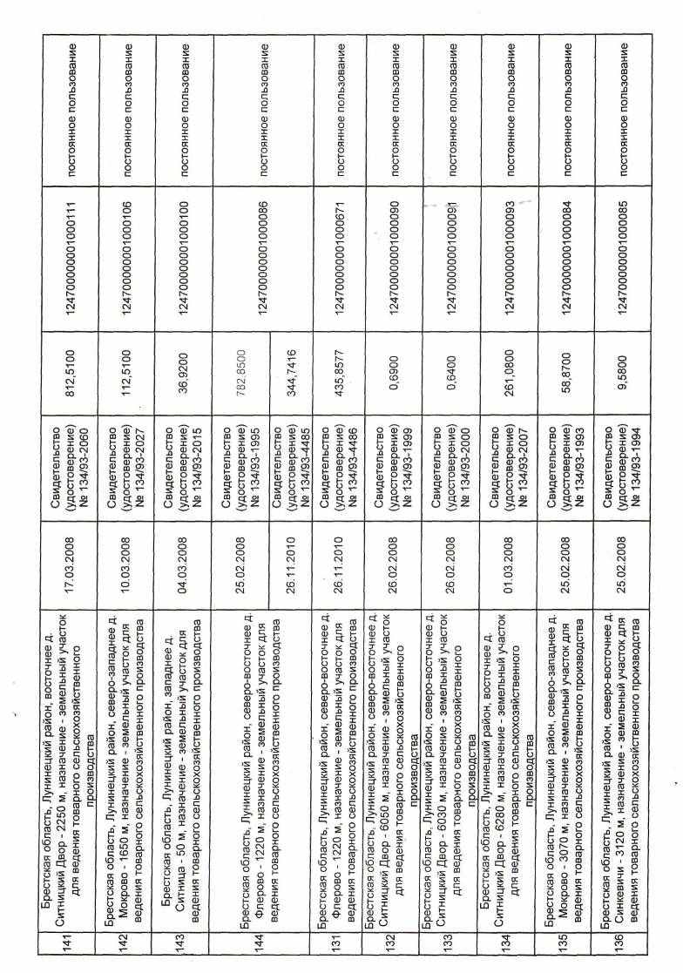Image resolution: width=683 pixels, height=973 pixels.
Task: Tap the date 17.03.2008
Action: (68, 562)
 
